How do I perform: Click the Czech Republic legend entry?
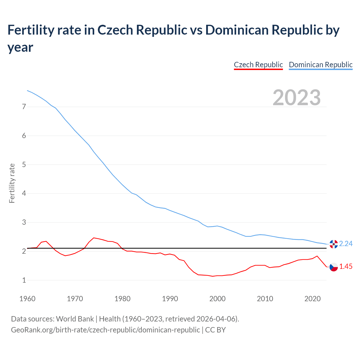coord(258,65)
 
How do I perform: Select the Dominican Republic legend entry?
coord(321,65)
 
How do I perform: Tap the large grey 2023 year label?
coord(297,98)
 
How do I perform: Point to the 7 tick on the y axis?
coord(24,107)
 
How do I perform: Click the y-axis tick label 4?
coord(24,193)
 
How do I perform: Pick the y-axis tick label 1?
coord(24,280)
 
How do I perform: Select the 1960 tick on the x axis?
coord(27,299)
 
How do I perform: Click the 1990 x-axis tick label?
coord(170,299)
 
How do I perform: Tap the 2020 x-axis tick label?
coord(312,299)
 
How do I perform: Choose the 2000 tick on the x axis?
coord(217,299)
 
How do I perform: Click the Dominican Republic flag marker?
coord(334,244)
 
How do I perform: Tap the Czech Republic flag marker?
coord(334,267)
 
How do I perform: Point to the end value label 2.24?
coord(346,244)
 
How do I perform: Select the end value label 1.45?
coord(346,267)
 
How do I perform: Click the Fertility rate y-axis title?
coord(12,183)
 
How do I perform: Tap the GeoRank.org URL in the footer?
coord(105,330)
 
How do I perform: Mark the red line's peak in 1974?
coord(94,238)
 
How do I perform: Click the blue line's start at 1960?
coord(27,91)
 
